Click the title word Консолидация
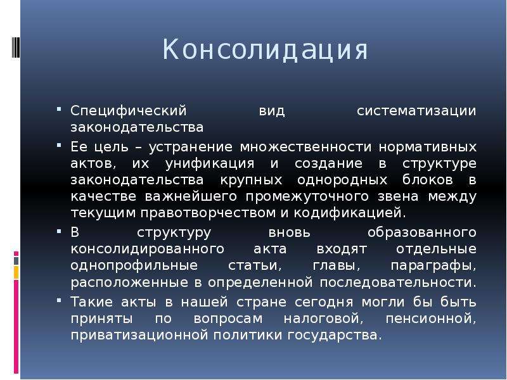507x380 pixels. [265, 50]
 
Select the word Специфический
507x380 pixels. [129, 111]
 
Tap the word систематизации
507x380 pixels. [416, 110]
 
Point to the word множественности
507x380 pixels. [305, 147]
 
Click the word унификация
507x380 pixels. [210, 164]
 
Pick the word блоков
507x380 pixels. [427, 179]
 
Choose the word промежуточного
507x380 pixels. [307, 197]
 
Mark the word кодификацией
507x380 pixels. [350, 213]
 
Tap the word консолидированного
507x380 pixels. [148, 250]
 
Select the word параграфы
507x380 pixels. [433, 266]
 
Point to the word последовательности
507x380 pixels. [398, 282]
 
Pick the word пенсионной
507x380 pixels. [431, 319]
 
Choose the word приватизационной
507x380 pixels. [139, 336]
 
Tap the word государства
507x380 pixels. [335, 336]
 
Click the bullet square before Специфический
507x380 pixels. [58, 109]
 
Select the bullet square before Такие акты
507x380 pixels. [58, 300]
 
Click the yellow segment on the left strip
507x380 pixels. [16, 273]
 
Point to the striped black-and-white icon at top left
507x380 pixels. [16, 47]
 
